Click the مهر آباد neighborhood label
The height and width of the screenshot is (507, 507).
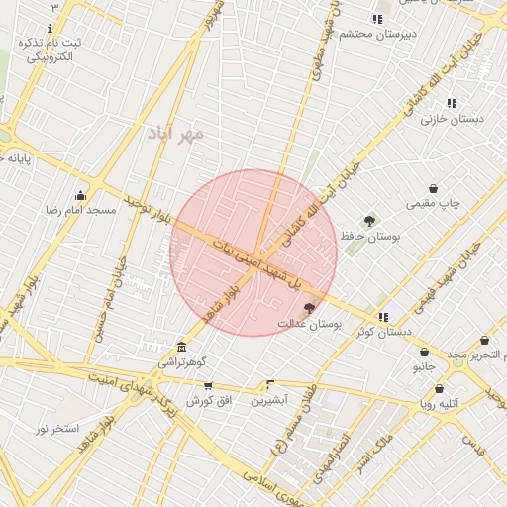coord(175,132)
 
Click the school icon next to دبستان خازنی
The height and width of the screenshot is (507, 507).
coord(452,103)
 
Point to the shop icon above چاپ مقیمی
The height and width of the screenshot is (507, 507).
coord(434,188)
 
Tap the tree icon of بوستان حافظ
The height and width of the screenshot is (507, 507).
coord(369,220)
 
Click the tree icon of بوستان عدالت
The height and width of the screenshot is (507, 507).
coord(309,309)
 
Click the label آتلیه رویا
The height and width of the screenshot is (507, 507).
coord(439,405)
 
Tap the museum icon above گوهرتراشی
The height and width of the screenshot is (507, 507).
coord(180,347)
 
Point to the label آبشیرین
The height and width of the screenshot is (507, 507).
coord(269,400)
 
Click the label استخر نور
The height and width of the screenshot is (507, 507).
coord(57,428)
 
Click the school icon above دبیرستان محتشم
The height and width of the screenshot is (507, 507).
coord(376,19)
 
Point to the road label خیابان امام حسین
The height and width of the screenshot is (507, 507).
coord(110,296)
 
